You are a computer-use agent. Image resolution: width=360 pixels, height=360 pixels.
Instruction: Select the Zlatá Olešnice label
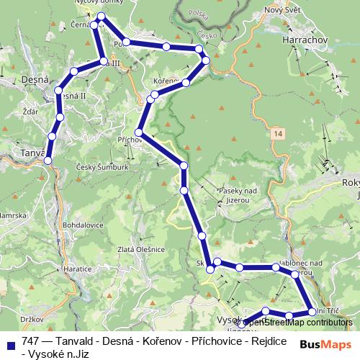pos(144,249)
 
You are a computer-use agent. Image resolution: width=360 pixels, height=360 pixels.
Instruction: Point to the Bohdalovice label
pos(84,225)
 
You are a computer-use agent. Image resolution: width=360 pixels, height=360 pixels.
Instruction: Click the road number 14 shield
pos(277,134)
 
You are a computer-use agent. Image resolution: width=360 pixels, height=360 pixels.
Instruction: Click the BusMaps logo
pos(325,343)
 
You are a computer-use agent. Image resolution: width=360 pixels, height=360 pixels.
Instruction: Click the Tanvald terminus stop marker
pos(48,160)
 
